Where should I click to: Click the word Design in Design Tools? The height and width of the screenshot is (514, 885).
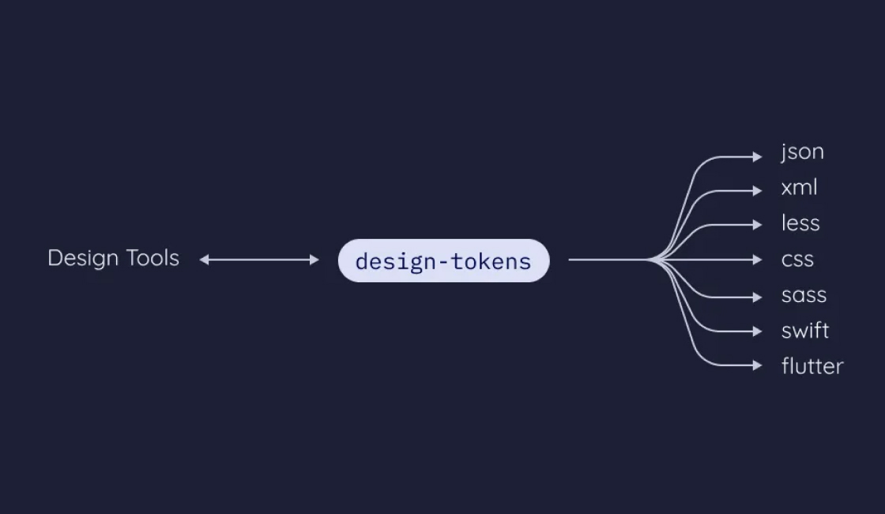(x=82, y=259)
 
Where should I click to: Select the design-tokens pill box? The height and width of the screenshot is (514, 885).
(x=443, y=261)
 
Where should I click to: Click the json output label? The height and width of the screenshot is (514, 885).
(x=802, y=152)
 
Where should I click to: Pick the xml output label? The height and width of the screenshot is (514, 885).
(x=799, y=188)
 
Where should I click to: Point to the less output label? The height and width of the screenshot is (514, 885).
(x=800, y=224)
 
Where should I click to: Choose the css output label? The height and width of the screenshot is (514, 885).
(x=797, y=259)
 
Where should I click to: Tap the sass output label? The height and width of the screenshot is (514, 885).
(x=804, y=296)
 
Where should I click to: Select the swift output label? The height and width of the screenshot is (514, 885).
(x=805, y=331)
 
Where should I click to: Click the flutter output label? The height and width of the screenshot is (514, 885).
(x=812, y=366)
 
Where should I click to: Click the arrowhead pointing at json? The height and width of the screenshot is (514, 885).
(x=758, y=157)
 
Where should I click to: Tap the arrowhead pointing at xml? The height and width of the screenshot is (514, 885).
(x=758, y=191)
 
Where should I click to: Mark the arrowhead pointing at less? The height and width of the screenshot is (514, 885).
(x=758, y=225)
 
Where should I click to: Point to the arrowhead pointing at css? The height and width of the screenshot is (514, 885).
(x=758, y=259)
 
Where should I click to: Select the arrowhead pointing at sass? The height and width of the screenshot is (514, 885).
(x=758, y=297)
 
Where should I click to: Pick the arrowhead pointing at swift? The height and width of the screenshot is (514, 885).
(x=758, y=331)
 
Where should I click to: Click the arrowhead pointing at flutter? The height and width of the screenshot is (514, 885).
(x=758, y=365)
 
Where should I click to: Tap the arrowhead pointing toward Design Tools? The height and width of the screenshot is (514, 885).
(x=204, y=259)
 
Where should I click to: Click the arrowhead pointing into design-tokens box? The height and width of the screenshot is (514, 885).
(x=314, y=259)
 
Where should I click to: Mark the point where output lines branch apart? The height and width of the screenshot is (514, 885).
(x=653, y=259)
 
